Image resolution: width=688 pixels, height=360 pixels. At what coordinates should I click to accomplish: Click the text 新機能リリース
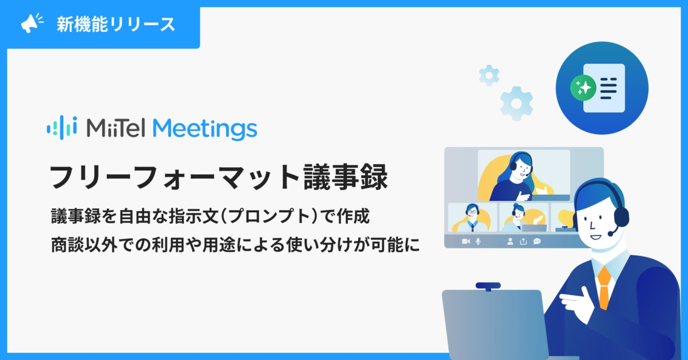click(x=116, y=24)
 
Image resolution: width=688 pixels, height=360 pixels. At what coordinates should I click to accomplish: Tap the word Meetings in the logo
click(x=205, y=129)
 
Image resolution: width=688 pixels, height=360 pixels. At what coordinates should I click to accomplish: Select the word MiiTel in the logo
click(x=116, y=128)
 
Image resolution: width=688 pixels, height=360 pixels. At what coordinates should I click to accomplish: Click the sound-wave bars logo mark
click(x=62, y=127)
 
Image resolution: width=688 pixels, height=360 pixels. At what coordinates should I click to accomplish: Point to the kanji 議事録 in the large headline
click(x=346, y=177)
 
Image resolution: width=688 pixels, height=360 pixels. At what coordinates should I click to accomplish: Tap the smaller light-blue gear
click(x=489, y=76)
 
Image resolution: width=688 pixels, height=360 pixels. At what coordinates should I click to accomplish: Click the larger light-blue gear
click(x=517, y=104)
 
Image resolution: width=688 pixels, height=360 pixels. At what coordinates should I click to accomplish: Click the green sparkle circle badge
click(x=583, y=88)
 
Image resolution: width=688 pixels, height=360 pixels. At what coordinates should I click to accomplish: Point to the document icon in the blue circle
click(x=604, y=88)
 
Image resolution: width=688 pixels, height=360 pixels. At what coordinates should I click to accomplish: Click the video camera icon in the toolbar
click(x=466, y=241)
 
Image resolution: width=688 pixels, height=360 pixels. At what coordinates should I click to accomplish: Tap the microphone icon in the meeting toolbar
click(x=478, y=242)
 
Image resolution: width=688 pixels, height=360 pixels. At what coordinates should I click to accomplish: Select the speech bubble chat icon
click(x=537, y=241)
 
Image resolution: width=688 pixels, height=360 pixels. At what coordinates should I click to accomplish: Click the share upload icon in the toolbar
click(x=524, y=241)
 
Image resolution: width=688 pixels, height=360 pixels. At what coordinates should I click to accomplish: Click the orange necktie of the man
click(x=604, y=287)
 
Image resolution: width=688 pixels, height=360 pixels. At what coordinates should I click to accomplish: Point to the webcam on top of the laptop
click(x=488, y=286)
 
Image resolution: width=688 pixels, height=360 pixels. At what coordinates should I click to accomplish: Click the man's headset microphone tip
click(x=611, y=234)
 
